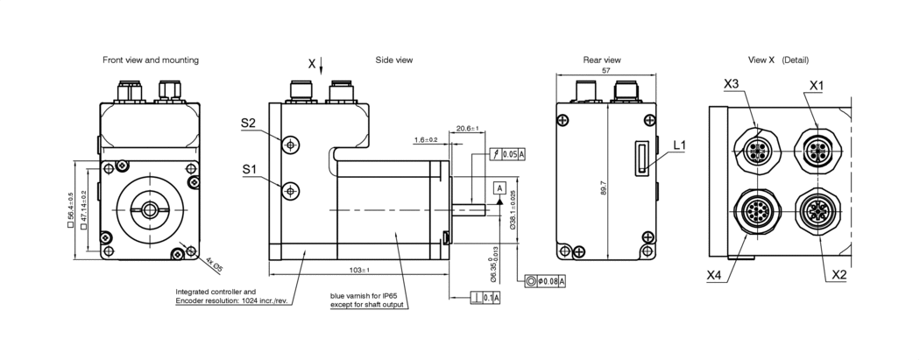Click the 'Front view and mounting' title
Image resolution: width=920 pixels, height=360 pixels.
pos(150,60)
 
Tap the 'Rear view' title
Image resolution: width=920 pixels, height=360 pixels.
pos(602,60)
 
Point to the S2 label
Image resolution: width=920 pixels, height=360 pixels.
pos(248,124)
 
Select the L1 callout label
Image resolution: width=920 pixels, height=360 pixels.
pos(681,145)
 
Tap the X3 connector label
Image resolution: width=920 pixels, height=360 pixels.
pos(732,84)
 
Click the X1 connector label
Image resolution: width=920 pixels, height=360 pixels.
pos(816,85)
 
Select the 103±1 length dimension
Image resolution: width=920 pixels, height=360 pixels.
pos(359,271)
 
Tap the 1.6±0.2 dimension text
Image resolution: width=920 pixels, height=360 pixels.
pos(426,139)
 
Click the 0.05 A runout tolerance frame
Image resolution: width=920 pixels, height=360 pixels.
pos(507,154)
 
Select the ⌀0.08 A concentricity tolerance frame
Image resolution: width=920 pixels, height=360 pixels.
pos(544,281)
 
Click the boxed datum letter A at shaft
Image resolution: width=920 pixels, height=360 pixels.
pos(499,188)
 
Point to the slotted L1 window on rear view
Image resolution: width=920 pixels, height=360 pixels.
pos(641,159)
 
